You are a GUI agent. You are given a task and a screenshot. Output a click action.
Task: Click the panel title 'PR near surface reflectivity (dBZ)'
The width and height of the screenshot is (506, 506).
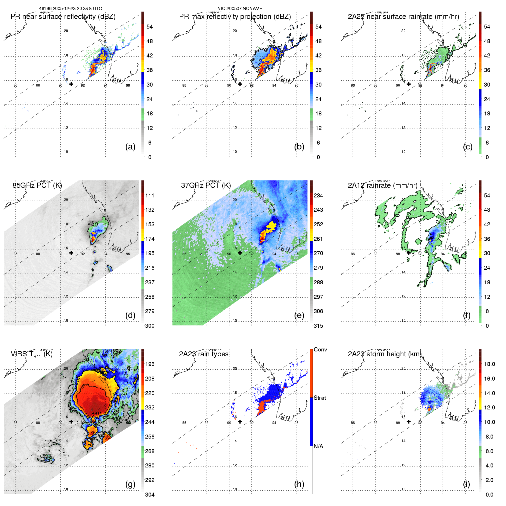[x=63, y=17]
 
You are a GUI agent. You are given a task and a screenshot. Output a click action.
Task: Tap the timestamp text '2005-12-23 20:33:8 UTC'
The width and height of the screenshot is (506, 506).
[x=77, y=9]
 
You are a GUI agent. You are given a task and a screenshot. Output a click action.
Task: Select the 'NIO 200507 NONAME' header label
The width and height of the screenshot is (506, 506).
[x=240, y=9]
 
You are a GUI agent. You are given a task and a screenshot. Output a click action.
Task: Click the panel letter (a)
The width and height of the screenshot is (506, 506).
[x=130, y=147]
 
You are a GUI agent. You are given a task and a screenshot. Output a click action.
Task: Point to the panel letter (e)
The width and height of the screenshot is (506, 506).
[x=299, y=315]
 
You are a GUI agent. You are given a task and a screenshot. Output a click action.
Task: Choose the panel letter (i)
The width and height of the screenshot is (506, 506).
[x=466, y=484]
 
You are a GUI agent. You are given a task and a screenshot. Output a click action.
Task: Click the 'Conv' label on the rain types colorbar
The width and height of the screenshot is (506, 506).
[x=320, y=350]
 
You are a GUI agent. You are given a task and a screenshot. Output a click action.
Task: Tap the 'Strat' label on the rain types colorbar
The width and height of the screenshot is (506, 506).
[x=320, y=398]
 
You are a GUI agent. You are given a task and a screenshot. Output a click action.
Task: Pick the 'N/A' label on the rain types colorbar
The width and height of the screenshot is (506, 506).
[x=318, y=446]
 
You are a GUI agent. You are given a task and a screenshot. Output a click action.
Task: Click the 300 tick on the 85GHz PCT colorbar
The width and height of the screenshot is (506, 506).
[x=150, y=326]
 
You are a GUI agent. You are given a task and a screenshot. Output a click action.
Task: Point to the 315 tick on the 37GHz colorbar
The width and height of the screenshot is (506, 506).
[x=318, y=326]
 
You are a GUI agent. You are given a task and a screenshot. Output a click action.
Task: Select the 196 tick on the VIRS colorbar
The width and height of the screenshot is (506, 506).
[x=150, y=364]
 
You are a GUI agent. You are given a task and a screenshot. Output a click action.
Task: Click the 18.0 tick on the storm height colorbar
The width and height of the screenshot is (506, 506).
[x=489, y=364]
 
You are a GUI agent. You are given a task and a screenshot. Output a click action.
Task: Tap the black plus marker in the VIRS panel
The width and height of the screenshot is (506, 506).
[x=71, y=422]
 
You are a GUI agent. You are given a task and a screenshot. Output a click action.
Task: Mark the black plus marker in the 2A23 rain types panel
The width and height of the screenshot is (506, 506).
[x=240, y=422]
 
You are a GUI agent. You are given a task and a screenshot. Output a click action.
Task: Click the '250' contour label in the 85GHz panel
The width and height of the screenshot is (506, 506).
[x=93, y=223]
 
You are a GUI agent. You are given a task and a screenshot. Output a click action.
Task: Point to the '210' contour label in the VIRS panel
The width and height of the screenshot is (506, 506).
[x=97, y=414]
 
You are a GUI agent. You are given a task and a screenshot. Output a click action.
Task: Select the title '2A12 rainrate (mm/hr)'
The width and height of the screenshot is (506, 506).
[x=383, y=185]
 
